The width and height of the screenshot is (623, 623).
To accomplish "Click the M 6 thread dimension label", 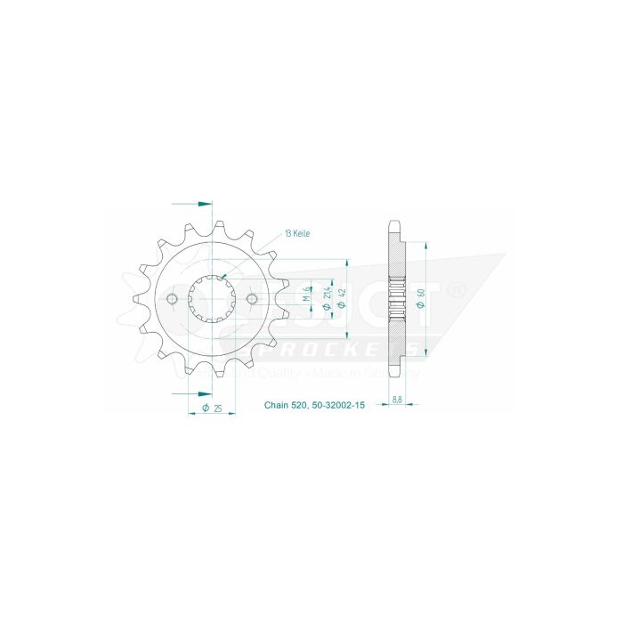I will pos(305,295).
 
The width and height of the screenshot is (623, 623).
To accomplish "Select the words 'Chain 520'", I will pos(285,405).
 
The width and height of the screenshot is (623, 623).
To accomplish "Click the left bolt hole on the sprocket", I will pos(173,298).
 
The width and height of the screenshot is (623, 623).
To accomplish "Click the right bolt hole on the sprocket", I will pos(251,298).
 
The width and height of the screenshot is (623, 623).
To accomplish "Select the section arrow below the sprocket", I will pos(192,392).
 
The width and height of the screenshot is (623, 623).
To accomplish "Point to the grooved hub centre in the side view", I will pos(396,299).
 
